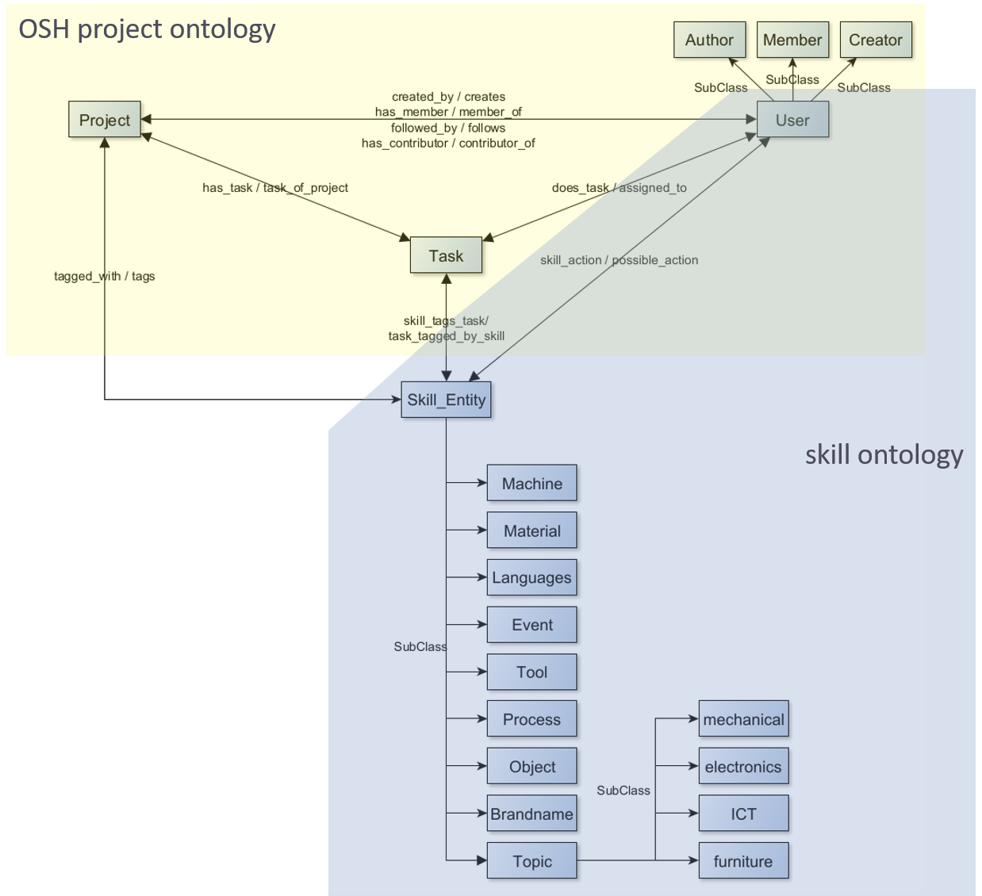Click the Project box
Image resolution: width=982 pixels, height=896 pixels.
click(x=105, y=120)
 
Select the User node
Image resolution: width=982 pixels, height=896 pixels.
click(x=792, y=120)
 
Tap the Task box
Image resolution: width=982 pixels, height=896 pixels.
click(x=446, y=255)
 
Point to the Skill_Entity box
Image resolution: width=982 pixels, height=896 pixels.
click(x=446, y=400)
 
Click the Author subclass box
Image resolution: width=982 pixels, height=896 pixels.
click(x=709, y=40)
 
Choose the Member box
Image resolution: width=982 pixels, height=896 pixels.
click(x=792, y=40)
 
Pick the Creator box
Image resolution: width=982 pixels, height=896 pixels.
click(x=876, y=40)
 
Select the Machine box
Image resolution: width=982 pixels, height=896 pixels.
click(x=531, y=484)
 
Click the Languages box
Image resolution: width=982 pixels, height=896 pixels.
click(x=531, y=577)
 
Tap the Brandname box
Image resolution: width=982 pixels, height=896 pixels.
click(x=531, y=814)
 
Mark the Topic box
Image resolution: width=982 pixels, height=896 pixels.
click(x=531, y=861)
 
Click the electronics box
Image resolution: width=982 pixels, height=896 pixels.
click(x=743, y=767)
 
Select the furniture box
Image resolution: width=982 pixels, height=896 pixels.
click(x=743, y=861)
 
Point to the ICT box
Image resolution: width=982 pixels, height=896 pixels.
click(x=743, y=814)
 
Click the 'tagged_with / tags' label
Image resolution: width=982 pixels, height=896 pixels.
click(x=105, y=276)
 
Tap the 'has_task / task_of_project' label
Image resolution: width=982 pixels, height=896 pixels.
click(x=275, y=188)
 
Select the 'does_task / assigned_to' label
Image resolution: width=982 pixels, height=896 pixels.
click(x=619, y=188)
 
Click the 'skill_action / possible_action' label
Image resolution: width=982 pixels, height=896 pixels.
click(x=619, y=260)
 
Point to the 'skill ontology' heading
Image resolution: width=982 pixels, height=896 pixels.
click(x=884, y=454)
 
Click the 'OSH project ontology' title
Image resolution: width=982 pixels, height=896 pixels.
click(x=148, y=29)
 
